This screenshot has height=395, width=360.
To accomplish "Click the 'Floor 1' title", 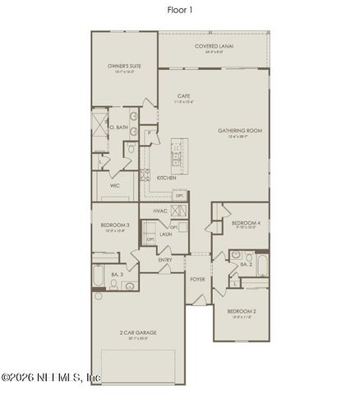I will pyautogui.click(x=180, y=12).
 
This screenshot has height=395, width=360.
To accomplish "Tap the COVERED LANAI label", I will pyautogui.click(x=214, y=47).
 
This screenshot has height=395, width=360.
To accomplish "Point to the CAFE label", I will pyautogui.click(x=184, y=97).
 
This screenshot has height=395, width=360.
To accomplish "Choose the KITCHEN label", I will pyautogui.click(x=167, y=177).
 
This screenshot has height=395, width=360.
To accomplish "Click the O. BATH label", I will pyautogui.click(x=117, y=127).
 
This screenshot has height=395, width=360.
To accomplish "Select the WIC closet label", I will pyautogui.click(x=115, y=186).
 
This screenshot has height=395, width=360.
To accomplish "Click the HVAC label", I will pyautogui.click(x=161, y=211).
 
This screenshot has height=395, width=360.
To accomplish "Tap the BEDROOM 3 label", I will pyautogui.click(x=115, y=225).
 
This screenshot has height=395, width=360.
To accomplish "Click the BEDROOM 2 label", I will pyautogui.click(x=242, y=311).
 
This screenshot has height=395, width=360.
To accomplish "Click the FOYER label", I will pyautogui.click(x=197, y=280).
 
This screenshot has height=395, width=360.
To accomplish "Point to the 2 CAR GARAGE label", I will pyautogui.click(x=138, y=333).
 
